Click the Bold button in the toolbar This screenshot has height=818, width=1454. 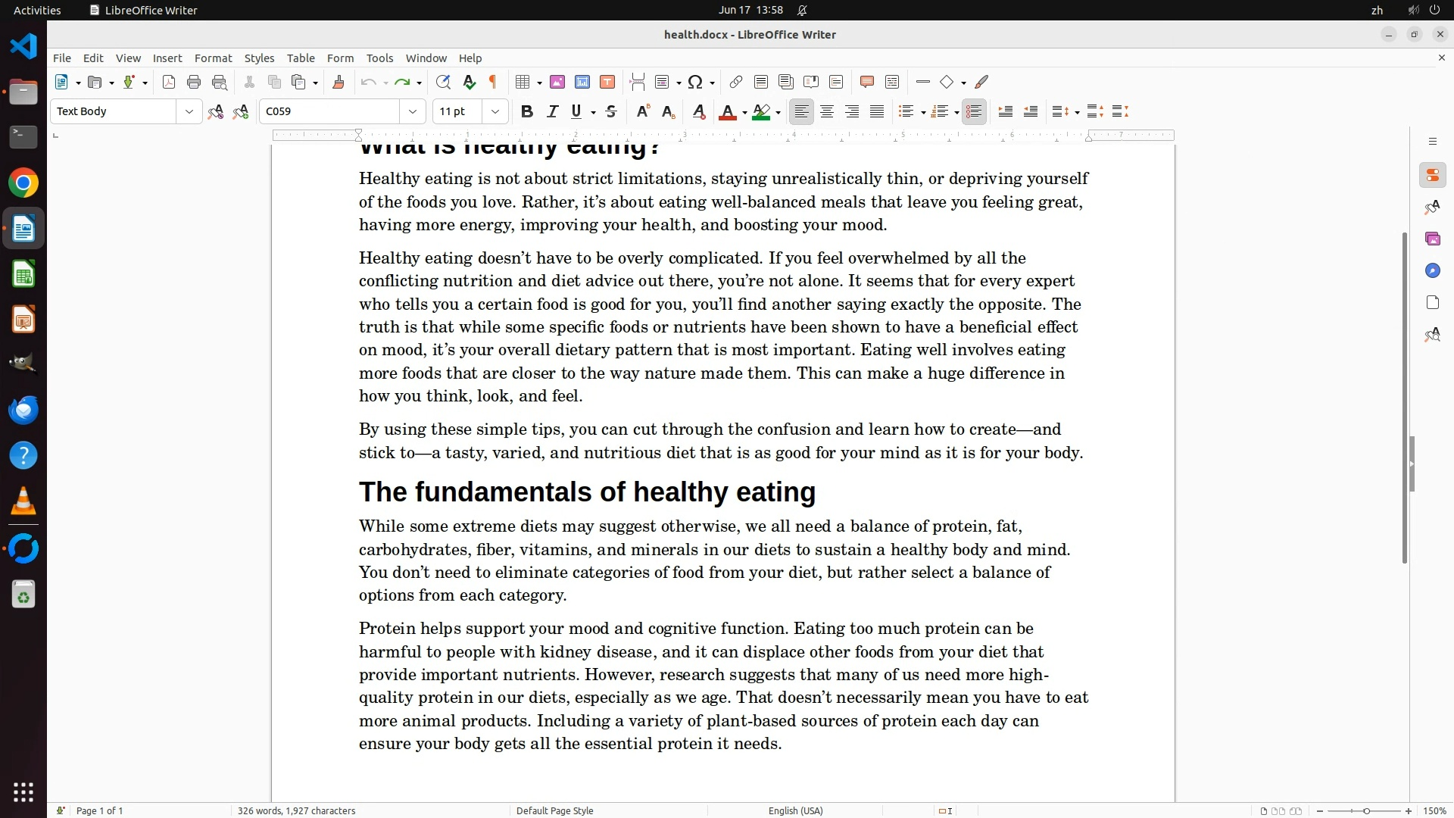[527, 112]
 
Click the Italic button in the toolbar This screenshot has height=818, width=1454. [552, 112]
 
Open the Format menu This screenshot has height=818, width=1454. [213, 58]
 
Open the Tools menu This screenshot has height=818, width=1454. [379, 58]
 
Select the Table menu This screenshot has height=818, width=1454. [301, 58]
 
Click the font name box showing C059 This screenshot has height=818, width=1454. [329, 111]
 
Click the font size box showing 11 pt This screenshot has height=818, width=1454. [457, 111]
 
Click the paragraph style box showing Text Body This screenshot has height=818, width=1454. [114, 111]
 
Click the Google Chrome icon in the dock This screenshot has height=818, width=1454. [23, 183]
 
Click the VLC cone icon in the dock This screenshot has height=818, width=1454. [23, 501]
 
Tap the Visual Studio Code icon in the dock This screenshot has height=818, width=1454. [23, 46]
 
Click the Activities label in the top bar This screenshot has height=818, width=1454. [37, 10]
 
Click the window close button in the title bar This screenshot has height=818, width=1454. [1440, 34]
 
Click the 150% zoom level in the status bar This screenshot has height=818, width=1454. [1434, 810]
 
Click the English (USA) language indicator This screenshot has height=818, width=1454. [795, 810]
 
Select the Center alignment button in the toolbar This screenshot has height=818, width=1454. [827, 112]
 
